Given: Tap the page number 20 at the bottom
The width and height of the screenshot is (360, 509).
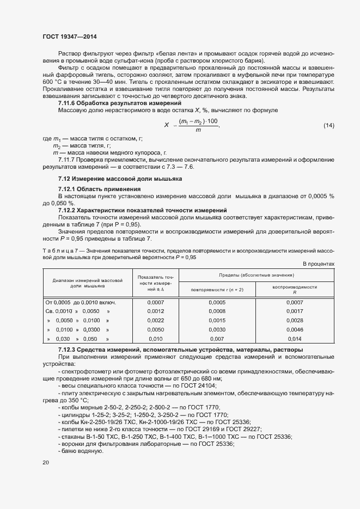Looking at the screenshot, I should pos(46,463).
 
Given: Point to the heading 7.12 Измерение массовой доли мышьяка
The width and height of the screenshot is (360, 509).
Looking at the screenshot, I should pos(120,179).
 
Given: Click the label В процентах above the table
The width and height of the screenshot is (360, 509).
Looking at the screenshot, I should pos(318,263).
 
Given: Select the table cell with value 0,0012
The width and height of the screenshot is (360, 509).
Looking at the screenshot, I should pos(155,311).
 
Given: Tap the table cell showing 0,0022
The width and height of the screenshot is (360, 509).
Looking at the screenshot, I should pos(155,320).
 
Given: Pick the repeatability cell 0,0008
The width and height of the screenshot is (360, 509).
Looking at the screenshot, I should pos(217,311).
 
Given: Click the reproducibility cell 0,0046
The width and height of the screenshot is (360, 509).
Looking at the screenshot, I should pos(295,329).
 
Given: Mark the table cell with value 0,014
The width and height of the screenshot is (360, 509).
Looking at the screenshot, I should pos(295,339).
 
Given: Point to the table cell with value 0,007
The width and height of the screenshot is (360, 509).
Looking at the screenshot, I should pos(217,339).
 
